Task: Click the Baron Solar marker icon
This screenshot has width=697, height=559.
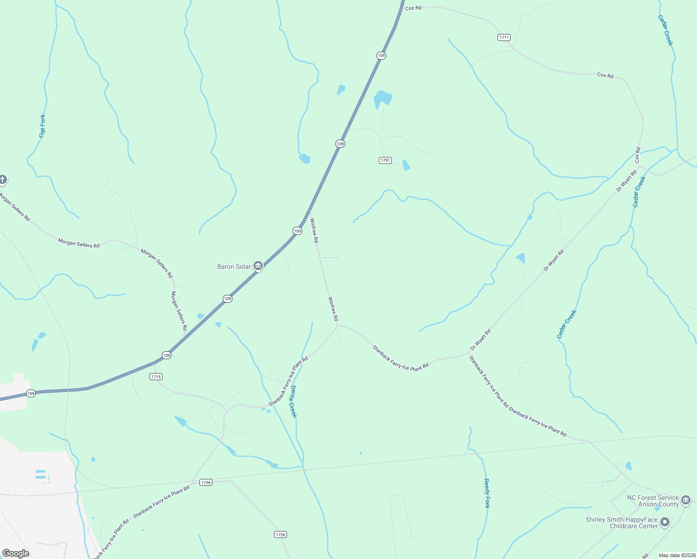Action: pyautogui.click(x=258, y=266)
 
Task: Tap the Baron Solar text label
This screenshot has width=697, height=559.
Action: pyautogui.click(x=234, y=266)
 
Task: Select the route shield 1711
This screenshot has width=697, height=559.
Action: pyautogui.click(x=504, y=37)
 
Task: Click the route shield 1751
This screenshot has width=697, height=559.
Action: pyautogui.click(x=385, y=160)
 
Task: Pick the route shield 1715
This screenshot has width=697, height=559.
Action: pyautogui.click(x=156, y=376)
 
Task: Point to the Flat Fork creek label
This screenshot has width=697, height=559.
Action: pyautogui.click(x=42, y=126)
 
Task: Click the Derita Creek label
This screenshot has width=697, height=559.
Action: pyautogui.click(x=293, y=401)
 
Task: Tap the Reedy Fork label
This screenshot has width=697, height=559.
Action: pyautogui.click(x=487, y=493)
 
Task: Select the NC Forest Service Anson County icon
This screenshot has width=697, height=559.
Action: pyautogui.click(x=686, y=500)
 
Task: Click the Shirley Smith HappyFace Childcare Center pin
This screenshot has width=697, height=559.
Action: pyautogui.click(x=665, y=522)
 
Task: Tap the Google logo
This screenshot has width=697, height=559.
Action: pyautogui.click(x=16, y=553)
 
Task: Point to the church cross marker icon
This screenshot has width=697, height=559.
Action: pyautogui.click(x=3, y=179)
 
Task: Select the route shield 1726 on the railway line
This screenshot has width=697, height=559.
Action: pyautogui.click(x=206, y=483)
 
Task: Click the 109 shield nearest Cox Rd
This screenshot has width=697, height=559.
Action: pyautogui.click(x=381, y=55)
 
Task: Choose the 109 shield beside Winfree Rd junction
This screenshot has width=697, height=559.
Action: pyautogui.click(x=297, y=231)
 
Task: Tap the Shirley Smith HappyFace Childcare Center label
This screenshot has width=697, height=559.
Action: pyautogui.click(x=622, y=523)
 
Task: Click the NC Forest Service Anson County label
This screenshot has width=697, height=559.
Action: pyautogui.click(x=653, y=501)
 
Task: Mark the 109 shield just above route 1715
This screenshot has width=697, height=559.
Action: pyautogui.click(x=166, y=355)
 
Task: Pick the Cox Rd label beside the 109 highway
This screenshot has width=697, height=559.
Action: pyautogui.click(x=413, y=8)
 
